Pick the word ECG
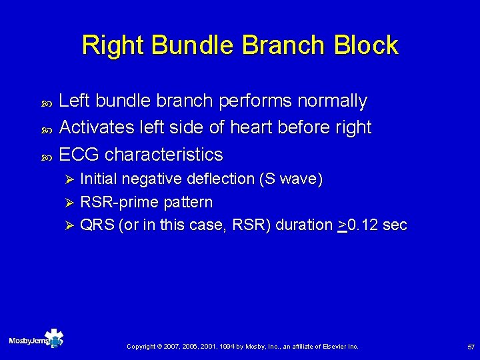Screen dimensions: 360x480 point(79,155)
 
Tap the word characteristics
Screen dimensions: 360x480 point(164,155)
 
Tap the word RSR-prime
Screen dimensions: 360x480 point(113,202)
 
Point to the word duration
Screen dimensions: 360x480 point(305,225)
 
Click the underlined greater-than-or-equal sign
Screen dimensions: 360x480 point(342,226)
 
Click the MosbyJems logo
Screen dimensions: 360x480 point(36,339)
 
